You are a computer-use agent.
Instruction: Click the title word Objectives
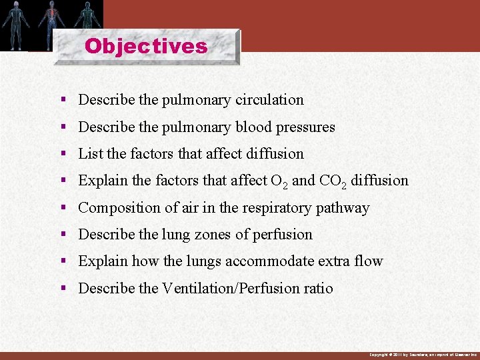(146, 46)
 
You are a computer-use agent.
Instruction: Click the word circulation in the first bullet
(269, 100)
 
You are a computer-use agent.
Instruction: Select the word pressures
(306, 127)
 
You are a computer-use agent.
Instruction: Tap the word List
(91, 153)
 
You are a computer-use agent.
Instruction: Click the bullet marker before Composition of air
(63, 207)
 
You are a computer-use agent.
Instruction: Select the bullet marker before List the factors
(63, 153)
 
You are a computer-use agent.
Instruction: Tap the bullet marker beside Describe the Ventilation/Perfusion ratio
(63, 288)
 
